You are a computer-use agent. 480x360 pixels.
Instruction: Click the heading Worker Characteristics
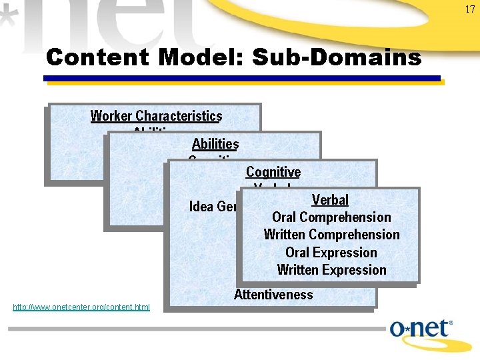[x=156, y=116]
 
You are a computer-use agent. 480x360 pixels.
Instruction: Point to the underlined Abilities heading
[x=215, y=144]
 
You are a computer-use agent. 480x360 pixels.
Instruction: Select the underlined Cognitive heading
[x=273, y=172]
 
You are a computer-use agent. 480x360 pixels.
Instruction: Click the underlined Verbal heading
[x=330, y=200]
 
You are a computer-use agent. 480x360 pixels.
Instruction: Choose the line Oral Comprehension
[x=331, y=217]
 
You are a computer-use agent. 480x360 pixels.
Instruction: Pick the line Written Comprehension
[x=331, y=235]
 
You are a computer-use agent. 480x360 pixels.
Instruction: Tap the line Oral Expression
[x=331, y=253]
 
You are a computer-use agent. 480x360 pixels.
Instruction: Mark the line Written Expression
[x=331, y=270]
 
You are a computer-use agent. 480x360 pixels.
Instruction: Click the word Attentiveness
[x=273, y=294]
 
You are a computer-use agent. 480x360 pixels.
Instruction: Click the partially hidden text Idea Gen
[x=213, y=207]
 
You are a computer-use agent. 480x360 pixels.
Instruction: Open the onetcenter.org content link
[x=81, y=307]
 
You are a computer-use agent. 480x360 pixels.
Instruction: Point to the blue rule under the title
[x=242, y=79]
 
